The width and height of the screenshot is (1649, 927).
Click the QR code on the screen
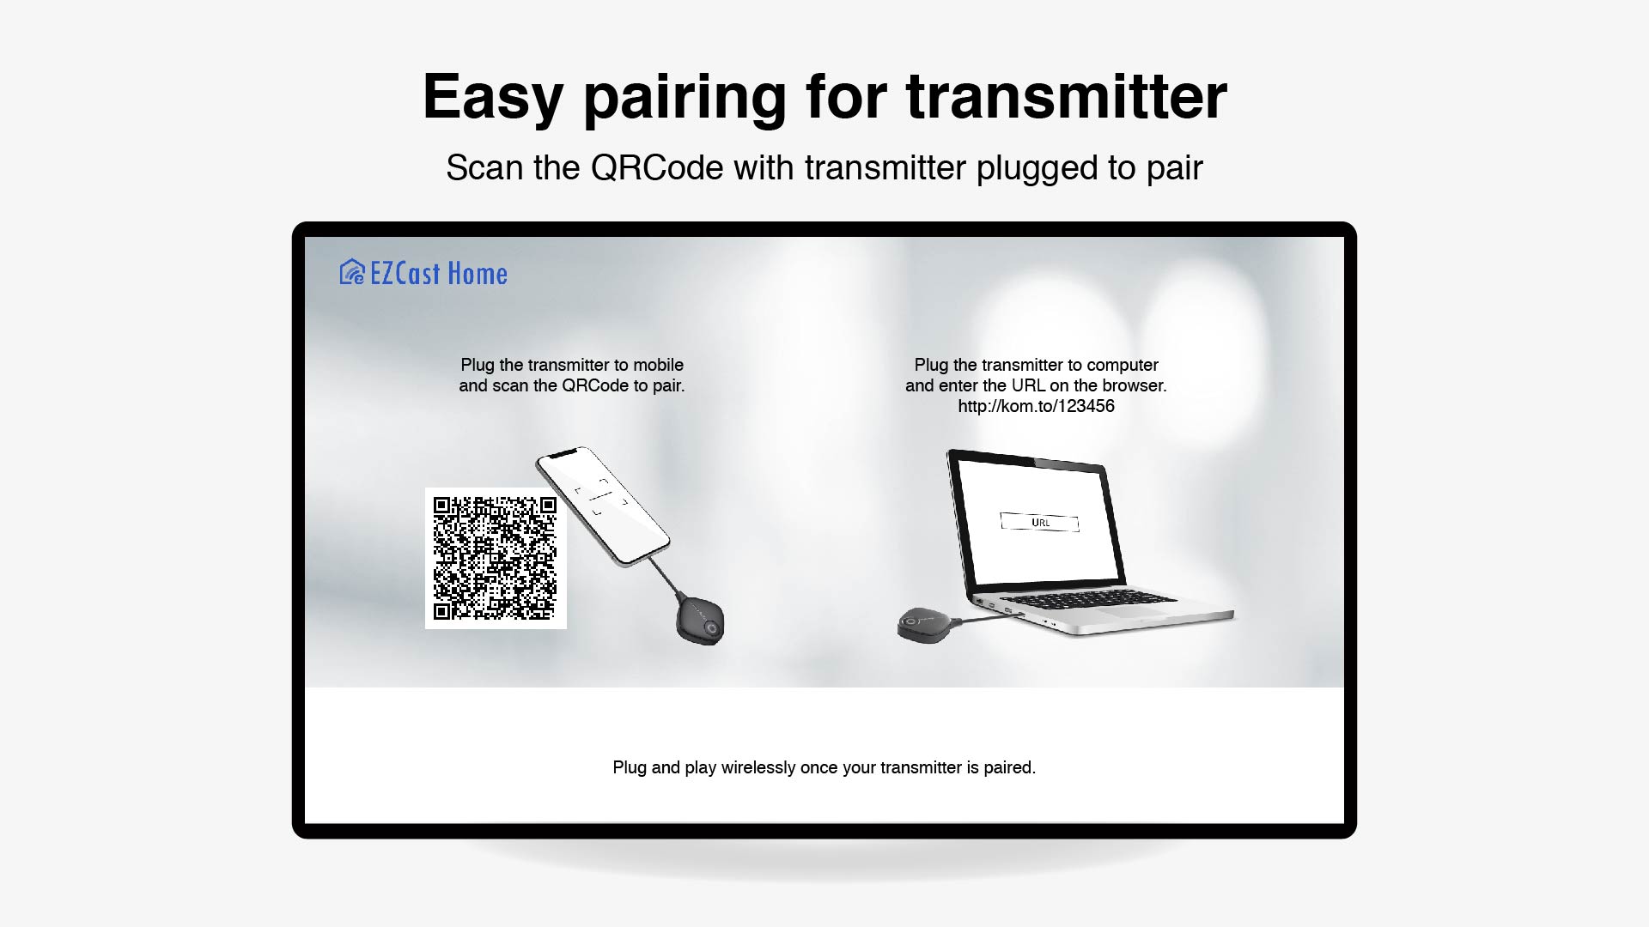coord(496,558)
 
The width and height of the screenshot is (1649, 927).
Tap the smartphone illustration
coord(602,506)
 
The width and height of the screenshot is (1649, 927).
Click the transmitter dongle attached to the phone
coord(700,621)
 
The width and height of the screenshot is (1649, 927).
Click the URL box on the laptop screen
coord(1039,522)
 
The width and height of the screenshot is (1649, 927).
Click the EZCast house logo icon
coord(352,272)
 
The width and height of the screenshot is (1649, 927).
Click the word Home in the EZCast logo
coord(478,274)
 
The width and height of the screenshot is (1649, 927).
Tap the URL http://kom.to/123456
coord(1036,406)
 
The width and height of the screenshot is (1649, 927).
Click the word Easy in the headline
coord(493,97)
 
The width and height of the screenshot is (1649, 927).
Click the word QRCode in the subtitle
coord(657,167)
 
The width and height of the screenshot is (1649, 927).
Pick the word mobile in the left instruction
coord(659,365)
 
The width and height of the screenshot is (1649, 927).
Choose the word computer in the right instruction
coord(1123,365)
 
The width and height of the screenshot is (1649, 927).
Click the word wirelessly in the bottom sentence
coord(758,767)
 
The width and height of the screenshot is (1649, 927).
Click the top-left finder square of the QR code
coord(442,506)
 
